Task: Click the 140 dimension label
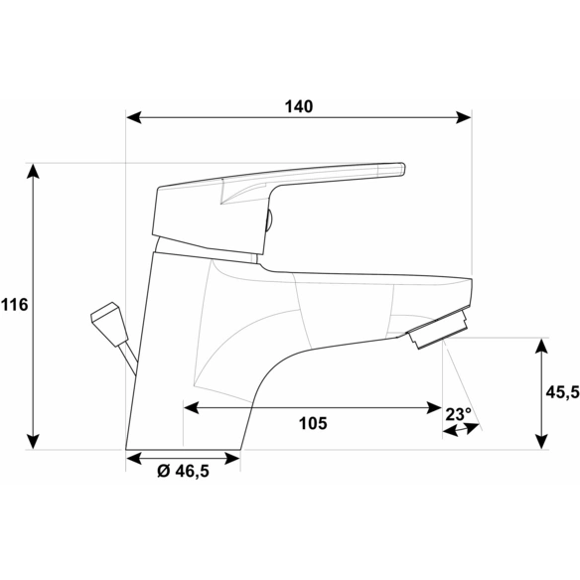click(299, 106)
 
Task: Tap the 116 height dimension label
click(15, 305)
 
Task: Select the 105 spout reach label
click(313, 423)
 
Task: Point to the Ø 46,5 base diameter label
click(183, 471)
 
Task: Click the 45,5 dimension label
click(562, 392)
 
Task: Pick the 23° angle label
click(458, 414)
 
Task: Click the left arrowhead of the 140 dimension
click(134, 117)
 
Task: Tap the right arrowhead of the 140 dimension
click(464, 117)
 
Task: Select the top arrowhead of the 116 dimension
click(34, 171)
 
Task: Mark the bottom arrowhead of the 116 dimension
click(34, 441)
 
